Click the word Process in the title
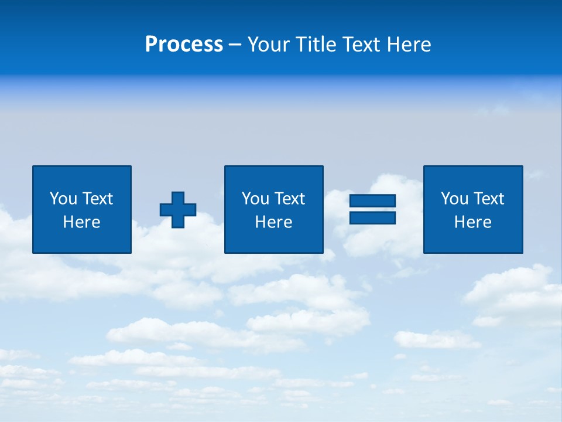pyautogui.click(x=184, y=45)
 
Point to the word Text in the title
pyautogui.click(x=362, y=45)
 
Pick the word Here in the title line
pyautogui.click(x=409, y=45)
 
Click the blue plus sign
pyautogui.click(x=178, y=210)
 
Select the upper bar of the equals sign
pyautogui.click(x=372, y=201)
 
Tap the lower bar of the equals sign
pyautogui.click(x=372, y=217)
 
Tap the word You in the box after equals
pyautogui.click(x=454, y=199)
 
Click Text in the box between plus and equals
pyautogui.click(x=289, y=199)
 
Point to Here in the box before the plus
pyautogui.click(x=82, y=222)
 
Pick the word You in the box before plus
pyautogui.click(x=63, y=199)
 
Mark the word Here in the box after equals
pyautogui.click(x=473, y=222)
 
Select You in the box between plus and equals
pyautogui.click(x=255, y=199)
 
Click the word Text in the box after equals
pyautogui.click(x=488, y=199)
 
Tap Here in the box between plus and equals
pyautogui.click(x=274, y=222)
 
